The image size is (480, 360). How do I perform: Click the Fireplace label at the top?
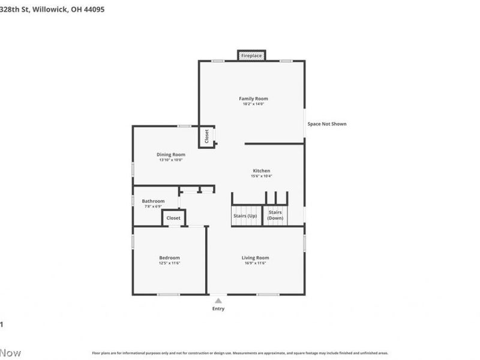coord(251,56)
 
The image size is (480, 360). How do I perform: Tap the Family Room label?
coord(253,98)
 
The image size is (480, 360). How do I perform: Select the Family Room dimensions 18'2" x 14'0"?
coord(253,104)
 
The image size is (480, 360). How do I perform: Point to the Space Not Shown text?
coord(327,124)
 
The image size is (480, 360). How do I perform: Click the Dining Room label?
coord(171,154)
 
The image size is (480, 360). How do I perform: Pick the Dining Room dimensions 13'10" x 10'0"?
coord(171,160)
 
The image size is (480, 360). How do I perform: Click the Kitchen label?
coord(261,170)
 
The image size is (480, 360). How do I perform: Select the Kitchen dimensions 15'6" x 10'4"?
coord(261,176)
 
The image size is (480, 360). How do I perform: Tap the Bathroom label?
coord(153,201)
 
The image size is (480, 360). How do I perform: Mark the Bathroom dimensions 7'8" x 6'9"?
coord(152,206)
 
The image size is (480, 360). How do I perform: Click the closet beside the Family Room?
coord(206,137)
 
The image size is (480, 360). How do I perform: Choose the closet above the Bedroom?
coord(173,218)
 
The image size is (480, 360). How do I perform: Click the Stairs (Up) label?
coord(244,215)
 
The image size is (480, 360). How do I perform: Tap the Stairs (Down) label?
coord(275,215)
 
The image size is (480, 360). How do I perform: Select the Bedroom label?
coord(169,257)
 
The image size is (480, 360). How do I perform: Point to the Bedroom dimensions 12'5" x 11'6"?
coord(169,263)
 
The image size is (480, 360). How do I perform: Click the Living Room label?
coord(255,257)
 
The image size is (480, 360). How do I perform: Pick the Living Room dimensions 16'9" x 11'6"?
coord(255,263)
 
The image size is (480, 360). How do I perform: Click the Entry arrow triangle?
coord(218,301)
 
